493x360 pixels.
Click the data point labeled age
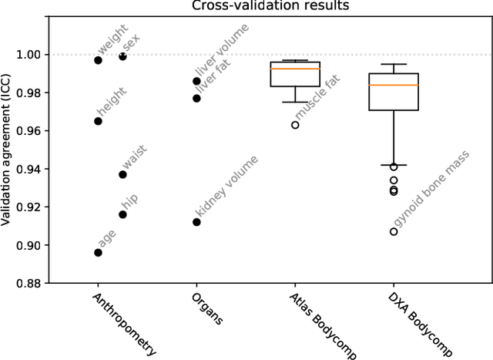[x=98, y=252]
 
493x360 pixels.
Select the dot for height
[x=98, y=121]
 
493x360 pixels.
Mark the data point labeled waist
[x=122, y=174]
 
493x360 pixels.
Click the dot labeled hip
[x=122, y=214]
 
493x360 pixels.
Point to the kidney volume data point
[x=196, y=222]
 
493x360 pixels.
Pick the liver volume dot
[x=196, y=81]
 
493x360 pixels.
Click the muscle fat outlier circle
[x=295, y=125]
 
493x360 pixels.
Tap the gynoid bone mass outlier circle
[x=394, y=231]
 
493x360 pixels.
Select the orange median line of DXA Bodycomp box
[x=394, y=85]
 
